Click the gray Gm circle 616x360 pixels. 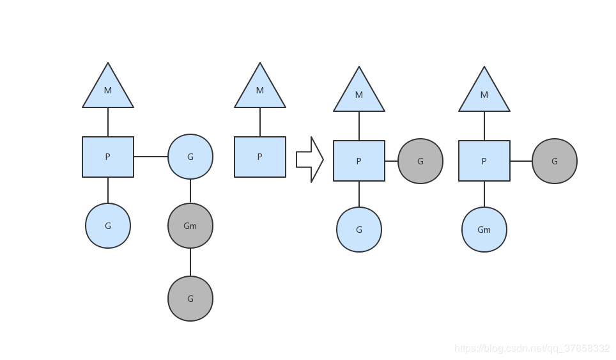coord(190,226)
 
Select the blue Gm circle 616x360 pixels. coord(484,230)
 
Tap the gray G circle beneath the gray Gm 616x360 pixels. coord(190,299)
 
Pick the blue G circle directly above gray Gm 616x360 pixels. coord(190,157)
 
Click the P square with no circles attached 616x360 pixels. coord(260,157)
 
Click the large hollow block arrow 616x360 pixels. coord(310,160)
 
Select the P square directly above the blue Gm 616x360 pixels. coord(484,160)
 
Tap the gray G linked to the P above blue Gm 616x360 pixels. coord(554,161)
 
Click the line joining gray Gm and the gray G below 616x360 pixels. coord(190,262)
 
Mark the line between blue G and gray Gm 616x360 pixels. coord(190,191)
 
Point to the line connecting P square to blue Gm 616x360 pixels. coord(484,194)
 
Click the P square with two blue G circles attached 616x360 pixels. coord(108,157)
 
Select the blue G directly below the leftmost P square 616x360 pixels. coord(108,226)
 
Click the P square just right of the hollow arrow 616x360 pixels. coord(359,160)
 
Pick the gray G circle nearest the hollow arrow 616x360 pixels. coord(420,161)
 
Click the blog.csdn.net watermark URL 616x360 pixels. coord(532,348)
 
